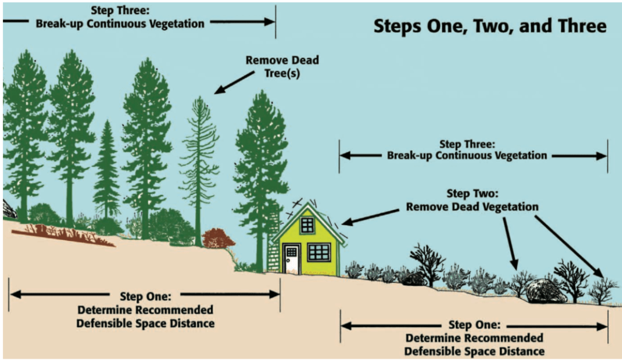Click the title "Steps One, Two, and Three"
pyautogui.click(x=489, y=27)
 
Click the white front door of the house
pyautogui.click(x=292, y=259)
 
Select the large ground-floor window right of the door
pyautogui.click(x=319, y=251)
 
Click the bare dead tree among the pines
pyautogui.click(x=199, y=164)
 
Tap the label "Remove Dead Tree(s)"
pyautogui.click(x=282, y=67)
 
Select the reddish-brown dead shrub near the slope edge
pyautogui.click(x=218, y=238)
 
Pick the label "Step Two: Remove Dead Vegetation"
pyautogui.click(x=472, y=200)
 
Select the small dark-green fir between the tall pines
pyautogui.click(x=107, y=173)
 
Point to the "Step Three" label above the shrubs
pyautogui.click(x=467, y=150)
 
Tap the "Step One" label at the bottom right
pyautogui.click(x=474, y=338)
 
